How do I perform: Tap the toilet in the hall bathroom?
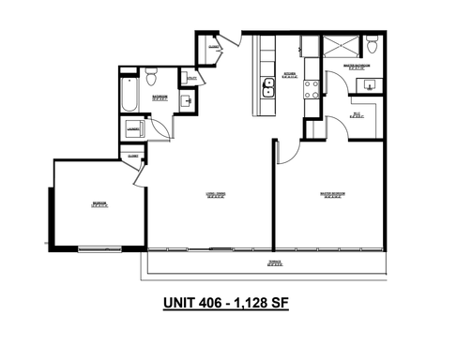click(150, 75)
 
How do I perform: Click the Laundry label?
click(133, 128)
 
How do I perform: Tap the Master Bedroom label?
click(332, 194)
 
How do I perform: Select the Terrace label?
click(274, 263)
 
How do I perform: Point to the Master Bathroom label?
click(357, 67)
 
